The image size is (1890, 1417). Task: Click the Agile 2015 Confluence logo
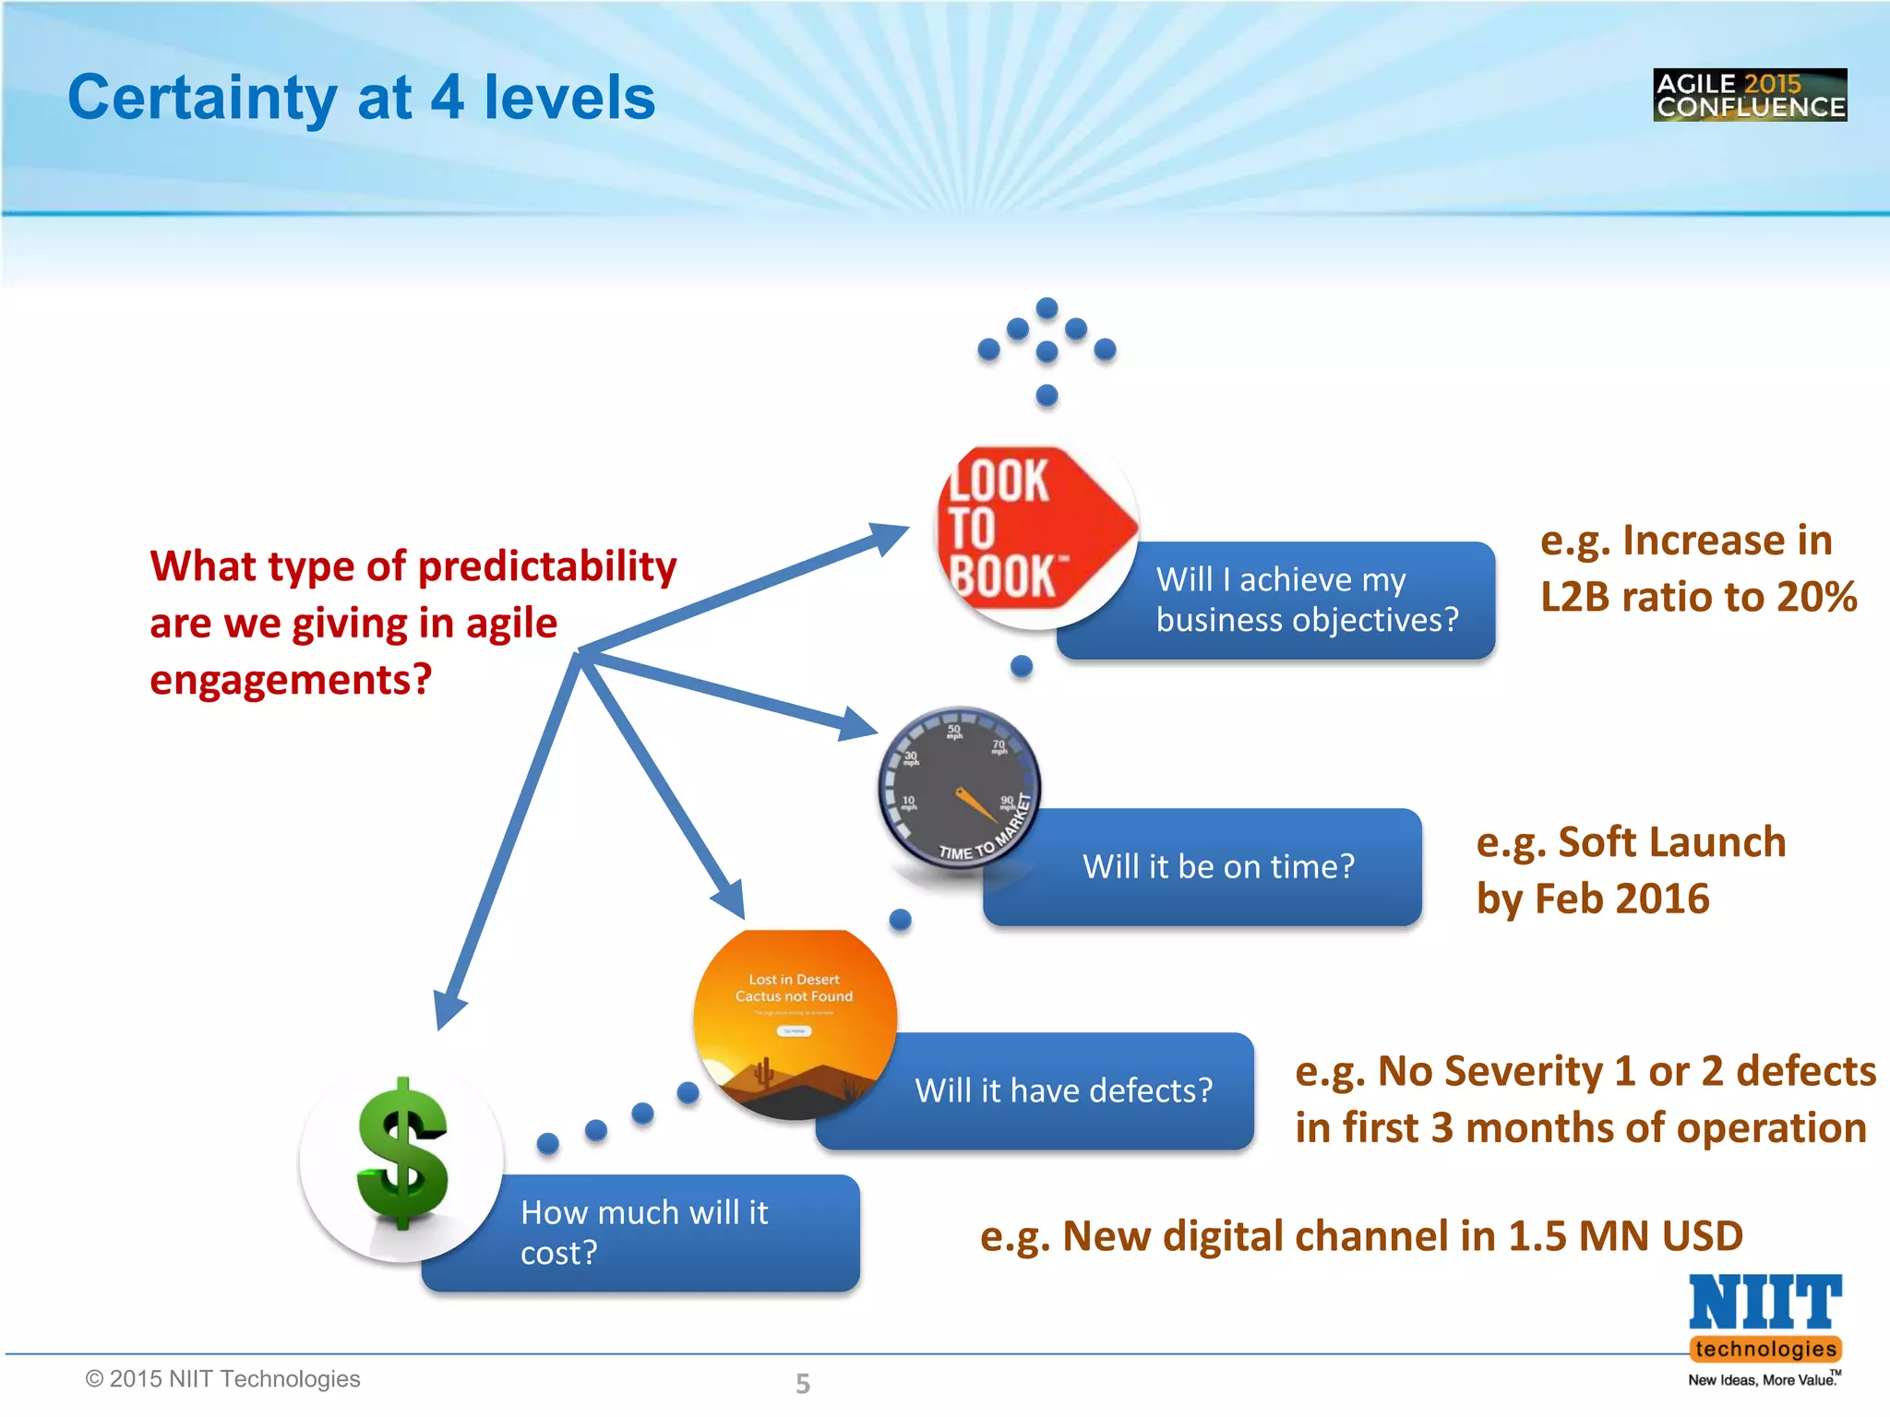pos(1749,95)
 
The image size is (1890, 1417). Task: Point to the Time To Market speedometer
pos(960,788)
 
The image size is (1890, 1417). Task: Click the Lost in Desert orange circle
pos(795,1024)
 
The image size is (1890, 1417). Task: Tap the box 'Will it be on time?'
pos(1218,867)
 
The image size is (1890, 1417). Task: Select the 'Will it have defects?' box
pos(1063,1091)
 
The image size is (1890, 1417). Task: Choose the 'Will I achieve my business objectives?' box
pos(1307,600)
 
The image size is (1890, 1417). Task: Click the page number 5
pos(803,1383)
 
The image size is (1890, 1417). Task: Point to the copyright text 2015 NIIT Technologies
pos(222,1378)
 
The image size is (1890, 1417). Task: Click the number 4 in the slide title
pos(448,98)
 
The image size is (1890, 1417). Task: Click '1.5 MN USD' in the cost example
pos(1624,1236)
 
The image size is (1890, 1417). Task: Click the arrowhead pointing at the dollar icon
pos(449,1010)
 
